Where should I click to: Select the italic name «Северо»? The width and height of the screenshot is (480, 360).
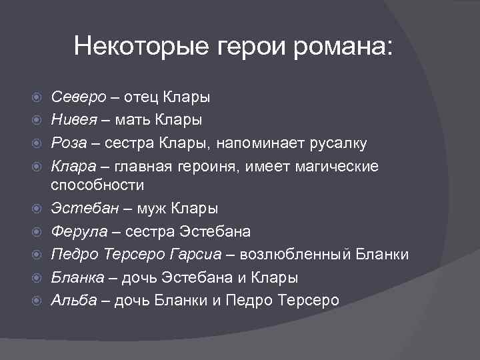click(79, 97)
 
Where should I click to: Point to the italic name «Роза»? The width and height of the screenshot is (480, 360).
click(69, 143)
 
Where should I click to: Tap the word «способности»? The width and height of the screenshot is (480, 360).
click(98, 185)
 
